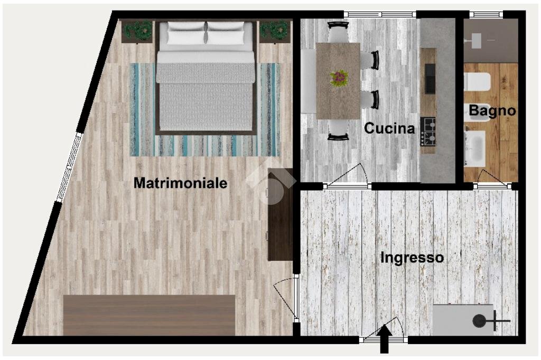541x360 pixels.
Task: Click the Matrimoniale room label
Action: click(180, 183)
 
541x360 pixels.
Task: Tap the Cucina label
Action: click(389, 128)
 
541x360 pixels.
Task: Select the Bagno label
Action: click(492, 111)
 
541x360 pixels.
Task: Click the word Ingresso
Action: click(412, 258)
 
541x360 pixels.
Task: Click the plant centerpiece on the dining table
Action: click(339, 78)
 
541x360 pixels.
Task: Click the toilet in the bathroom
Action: click(477, 82)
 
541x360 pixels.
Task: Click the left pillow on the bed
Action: click(186, 33)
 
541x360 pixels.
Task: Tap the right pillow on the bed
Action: click(229, 33)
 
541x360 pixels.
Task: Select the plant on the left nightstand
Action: click(141, 30)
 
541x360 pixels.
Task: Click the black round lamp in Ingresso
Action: click(480, 320)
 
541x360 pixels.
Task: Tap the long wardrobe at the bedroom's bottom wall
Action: click(149, 315)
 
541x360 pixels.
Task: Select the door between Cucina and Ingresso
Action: click(347, 178)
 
